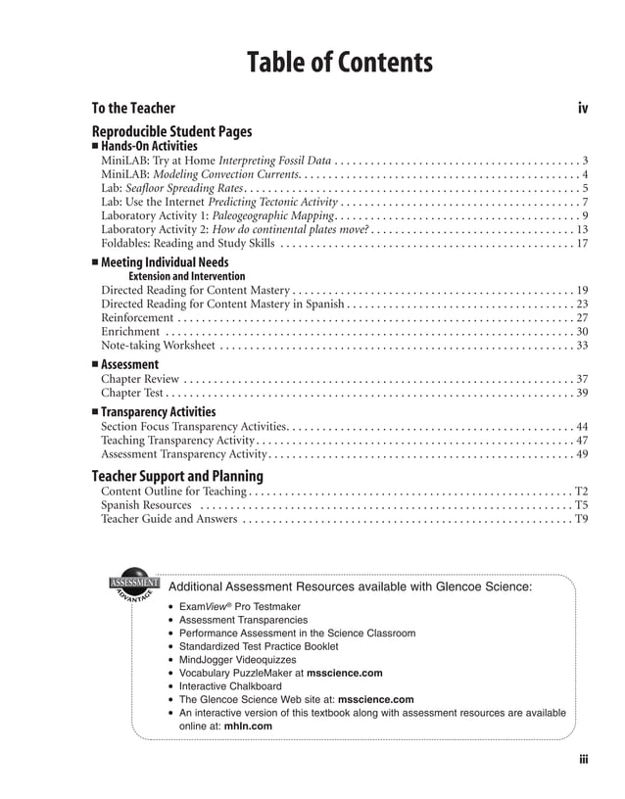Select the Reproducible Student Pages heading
coord(171,131)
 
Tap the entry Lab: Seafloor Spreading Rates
coord(171,188)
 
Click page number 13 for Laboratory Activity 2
coord(581,229)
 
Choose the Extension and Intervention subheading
coord(187,276)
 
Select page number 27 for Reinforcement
coord(581,317)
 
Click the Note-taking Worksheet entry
coord(158,345)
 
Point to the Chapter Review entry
coord(140,378)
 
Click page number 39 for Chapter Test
coord(581,392)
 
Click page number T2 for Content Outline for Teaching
coord(580,492)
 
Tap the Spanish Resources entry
coord(146,505)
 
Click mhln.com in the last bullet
coord(248,727)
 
